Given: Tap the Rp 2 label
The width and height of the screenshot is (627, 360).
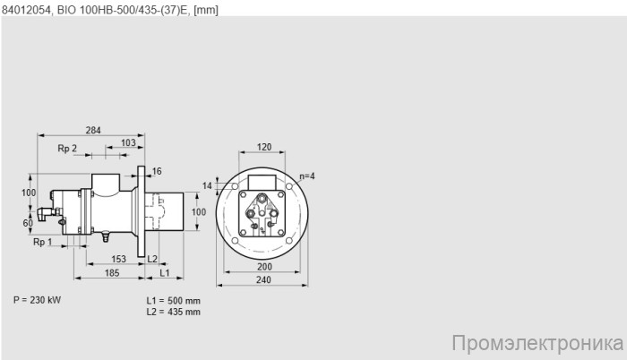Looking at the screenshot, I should tap(67, 148).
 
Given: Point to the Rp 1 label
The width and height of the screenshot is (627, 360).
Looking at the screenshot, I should tap(43, 243).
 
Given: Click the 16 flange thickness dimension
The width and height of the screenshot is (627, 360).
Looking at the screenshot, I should tap(157, 171).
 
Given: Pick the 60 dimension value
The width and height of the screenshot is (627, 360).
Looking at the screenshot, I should tap(28, 222).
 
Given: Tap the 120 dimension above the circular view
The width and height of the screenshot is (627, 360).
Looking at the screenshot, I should tap(263, 147).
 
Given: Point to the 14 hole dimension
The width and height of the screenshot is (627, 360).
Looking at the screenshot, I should tap(209, 185).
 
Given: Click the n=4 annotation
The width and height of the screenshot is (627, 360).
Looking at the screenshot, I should tap(307, 176).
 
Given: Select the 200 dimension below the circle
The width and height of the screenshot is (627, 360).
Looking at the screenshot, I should tap(263, 268).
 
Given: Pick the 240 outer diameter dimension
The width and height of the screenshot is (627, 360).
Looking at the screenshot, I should tap(263, 280).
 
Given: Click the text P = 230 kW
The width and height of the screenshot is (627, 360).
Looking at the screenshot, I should tap(38, 299).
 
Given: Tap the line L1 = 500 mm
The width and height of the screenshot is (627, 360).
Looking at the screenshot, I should tap(173, 300).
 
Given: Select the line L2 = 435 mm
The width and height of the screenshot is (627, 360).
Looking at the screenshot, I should tap(173, 312).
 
